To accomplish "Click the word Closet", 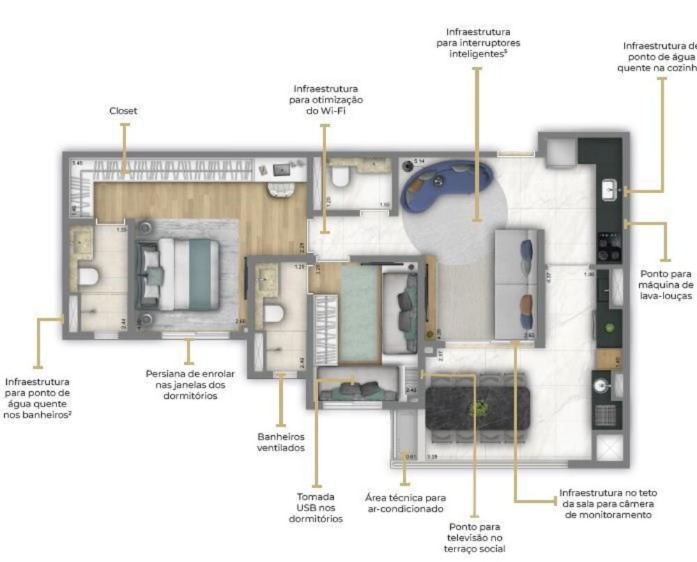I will click(x=123, y=111).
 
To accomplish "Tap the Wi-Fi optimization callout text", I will click(x=325, y=100).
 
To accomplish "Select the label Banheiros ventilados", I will click(x=281, y=442).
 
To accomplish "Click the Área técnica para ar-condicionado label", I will click(x=405, y=503).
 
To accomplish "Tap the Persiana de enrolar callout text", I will click(x=190, y=384).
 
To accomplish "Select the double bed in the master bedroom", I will click(x=178, y=273).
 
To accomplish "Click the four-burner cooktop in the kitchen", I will click(x=608, y=248).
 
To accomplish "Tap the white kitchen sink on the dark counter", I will click(x=608, y=189).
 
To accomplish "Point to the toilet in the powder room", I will click(x=341, y=177).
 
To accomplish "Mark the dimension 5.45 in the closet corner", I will click(x=77, y=163).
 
